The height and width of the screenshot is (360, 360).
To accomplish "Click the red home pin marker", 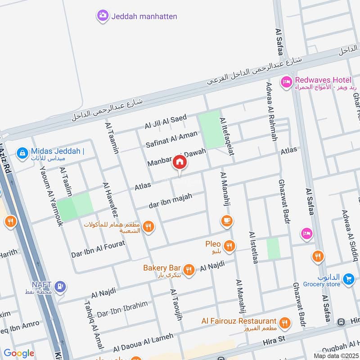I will click(180, 162).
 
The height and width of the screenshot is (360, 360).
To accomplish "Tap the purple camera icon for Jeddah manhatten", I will click(103, 16).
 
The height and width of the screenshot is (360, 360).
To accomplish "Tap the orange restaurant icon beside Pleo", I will click(229, 246).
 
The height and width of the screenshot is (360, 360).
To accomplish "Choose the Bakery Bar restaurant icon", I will click(189, 269).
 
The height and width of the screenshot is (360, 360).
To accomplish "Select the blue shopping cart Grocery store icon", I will click(348, 279).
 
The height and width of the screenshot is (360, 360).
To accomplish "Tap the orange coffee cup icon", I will click(226, 220).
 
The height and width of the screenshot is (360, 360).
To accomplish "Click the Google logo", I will click(19, 353).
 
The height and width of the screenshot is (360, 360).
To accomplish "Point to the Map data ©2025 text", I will click(335, 355).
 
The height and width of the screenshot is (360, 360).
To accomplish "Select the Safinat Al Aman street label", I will click(171, 139).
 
